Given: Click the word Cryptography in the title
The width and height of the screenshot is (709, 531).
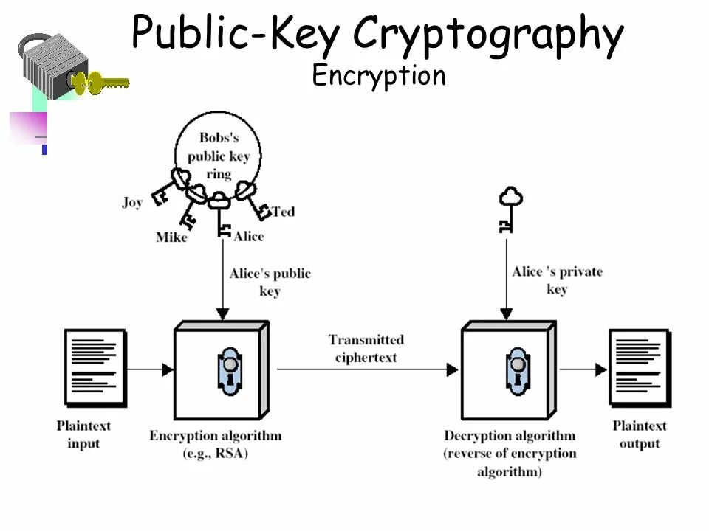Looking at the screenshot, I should coord(487,34).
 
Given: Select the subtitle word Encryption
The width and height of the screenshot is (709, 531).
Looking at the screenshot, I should coord(379,76).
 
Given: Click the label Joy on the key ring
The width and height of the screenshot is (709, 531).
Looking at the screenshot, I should coord(132,203).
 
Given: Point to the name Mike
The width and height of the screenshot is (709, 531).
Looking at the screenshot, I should coord(171,237).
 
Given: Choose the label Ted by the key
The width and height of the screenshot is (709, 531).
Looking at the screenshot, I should coord(283,212).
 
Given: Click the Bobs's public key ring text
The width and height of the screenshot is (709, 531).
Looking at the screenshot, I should coord(219,156).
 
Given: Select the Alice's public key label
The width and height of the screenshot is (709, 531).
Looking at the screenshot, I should coord(270,282).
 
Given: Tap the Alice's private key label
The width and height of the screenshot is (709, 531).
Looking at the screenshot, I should coord(557,280).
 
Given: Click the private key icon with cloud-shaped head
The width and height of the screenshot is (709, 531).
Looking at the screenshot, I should coord(510,209).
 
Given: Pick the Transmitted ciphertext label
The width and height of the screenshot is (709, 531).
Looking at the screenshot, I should coord(366,348).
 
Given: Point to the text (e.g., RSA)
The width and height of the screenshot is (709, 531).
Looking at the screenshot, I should coord(216,454).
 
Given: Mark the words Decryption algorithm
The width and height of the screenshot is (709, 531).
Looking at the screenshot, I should coord(510,436).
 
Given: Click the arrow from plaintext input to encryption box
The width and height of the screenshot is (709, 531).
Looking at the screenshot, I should coord(151,369).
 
